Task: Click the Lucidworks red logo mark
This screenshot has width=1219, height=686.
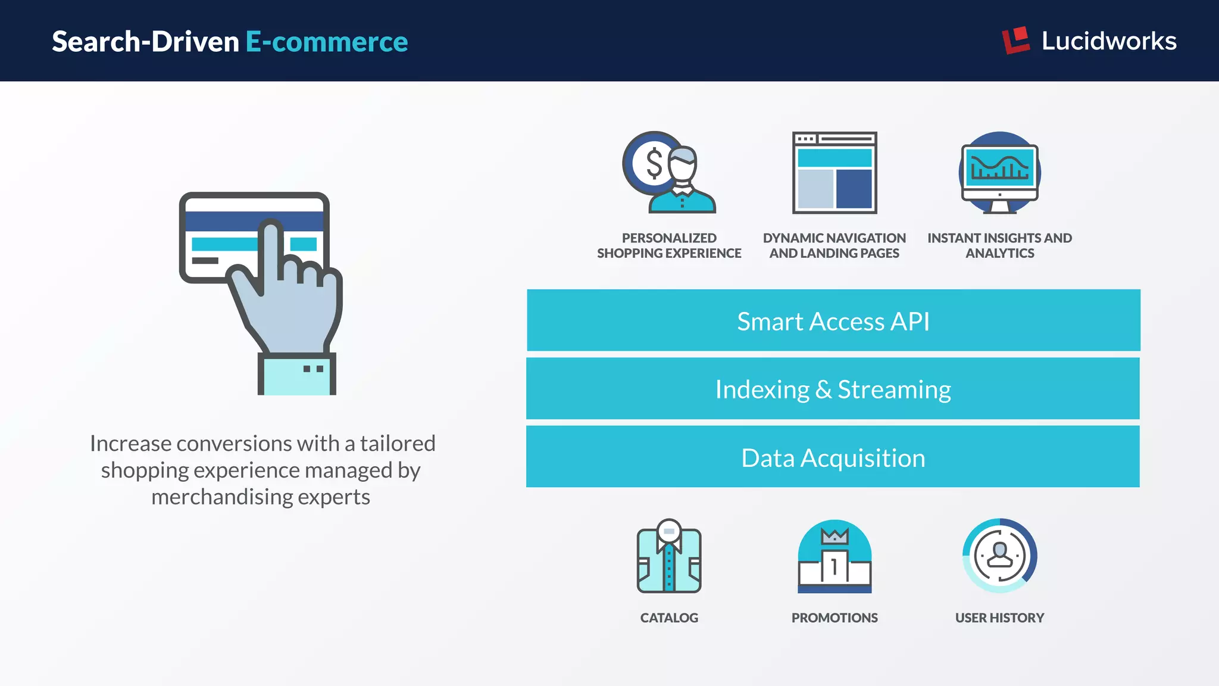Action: (x=1015, y=40)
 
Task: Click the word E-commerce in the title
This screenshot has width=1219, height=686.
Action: (x=327, y=42)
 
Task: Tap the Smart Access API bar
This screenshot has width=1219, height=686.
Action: (x=833, y=321)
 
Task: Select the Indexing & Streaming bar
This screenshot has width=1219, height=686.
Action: (x=833, y=389)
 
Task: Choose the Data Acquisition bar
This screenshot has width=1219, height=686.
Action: (x=833, y=457)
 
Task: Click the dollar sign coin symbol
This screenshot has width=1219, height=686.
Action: (x=654, y=163)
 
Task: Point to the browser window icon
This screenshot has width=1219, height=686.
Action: (x=834, y=173)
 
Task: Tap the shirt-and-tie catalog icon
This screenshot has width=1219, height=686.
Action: (x=669, y=557)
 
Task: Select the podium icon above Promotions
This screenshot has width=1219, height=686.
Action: (x=834, y=566)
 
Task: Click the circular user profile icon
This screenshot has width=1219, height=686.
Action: (x=1000, y=556)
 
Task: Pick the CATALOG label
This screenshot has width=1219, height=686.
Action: (x=669, y=618)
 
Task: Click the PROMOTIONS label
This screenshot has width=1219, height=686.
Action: (x=834, y=618)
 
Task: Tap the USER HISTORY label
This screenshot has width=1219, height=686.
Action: (x=1000, y=618)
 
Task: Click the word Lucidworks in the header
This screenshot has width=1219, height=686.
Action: (x=1109, y=41)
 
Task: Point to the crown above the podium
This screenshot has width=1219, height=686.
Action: (x=834, y=536)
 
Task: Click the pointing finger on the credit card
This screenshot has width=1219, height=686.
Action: (x=271, y=250)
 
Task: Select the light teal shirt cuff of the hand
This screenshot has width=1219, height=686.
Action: (x=297, y=375)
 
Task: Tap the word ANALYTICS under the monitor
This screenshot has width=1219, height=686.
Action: (x=1000, y=254)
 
